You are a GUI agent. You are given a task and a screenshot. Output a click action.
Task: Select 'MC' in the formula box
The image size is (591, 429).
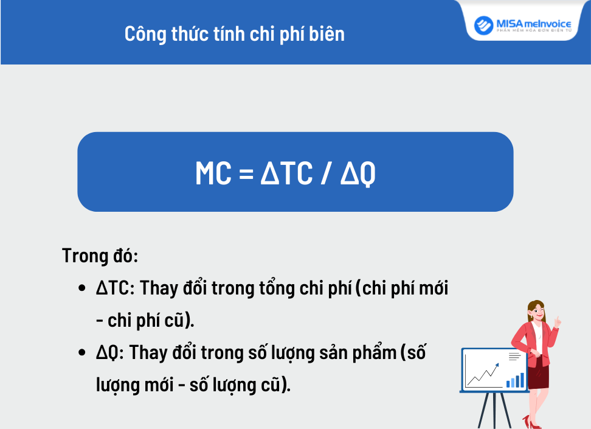(x=213, y=173)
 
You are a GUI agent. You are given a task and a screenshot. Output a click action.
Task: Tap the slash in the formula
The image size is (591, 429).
(x=325, y=174)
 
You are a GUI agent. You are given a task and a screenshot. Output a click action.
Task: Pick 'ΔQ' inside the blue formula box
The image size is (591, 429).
(x=358, y=174)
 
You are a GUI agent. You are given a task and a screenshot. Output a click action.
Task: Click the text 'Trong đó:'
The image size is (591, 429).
(x=100, y=256)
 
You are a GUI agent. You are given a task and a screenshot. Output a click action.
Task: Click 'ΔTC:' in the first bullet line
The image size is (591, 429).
(x=115, y=288)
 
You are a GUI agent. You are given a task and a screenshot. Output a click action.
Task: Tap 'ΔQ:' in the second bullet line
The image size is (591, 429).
(x=109, y=353)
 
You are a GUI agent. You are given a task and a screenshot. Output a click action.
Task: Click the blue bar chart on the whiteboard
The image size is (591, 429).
(x=515, y=380)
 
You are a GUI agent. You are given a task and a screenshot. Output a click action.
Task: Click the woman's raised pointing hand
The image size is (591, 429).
(x=557, y=321)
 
